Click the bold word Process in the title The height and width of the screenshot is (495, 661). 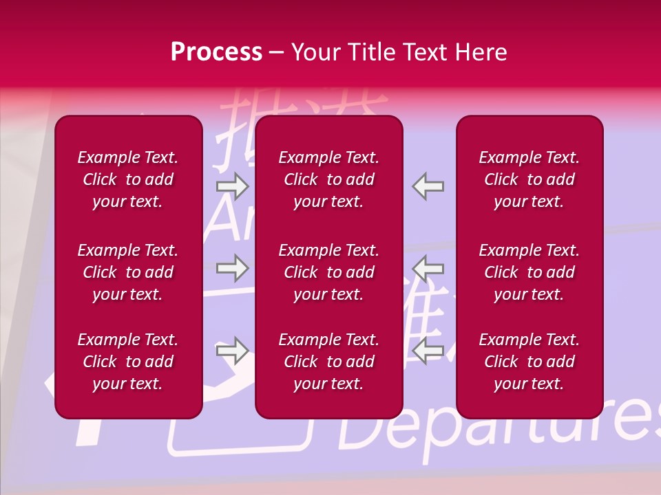pyautogui.click(x=216, y=52)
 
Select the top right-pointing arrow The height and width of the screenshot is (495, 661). pyautogui.click(x=232, y=186)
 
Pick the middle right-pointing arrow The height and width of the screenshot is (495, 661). pyautogui.click(x=232, y=268)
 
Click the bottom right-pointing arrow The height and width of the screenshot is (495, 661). pyautogui.click(x=232, y=351)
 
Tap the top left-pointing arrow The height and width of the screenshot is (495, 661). pyautogui.click(x=428, y=186)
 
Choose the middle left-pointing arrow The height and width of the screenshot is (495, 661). pyautogui.click(x=428, y=268)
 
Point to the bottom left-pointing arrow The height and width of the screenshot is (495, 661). pyautogui.click(x=428, y=351)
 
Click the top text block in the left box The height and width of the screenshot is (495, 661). pyautogui.click(x=128, y=179)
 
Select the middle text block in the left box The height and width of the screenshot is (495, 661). pyautogui.click(x=128, y=272)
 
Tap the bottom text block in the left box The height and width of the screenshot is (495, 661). pyautogui.click(x=128, y=362)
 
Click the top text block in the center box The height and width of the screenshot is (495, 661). pyautogui.click(x=329, y=179)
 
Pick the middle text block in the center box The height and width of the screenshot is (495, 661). pyautogui.click(x=329, y=272)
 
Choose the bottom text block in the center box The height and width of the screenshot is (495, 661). pyautogui.click(x=329, y=362)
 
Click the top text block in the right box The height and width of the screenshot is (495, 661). pyautogui.click(x=529, y=179)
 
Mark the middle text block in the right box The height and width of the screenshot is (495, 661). pyautogui.click(x=529, y=272)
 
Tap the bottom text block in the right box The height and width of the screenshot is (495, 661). pyautogui.click(x=529, y=362)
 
